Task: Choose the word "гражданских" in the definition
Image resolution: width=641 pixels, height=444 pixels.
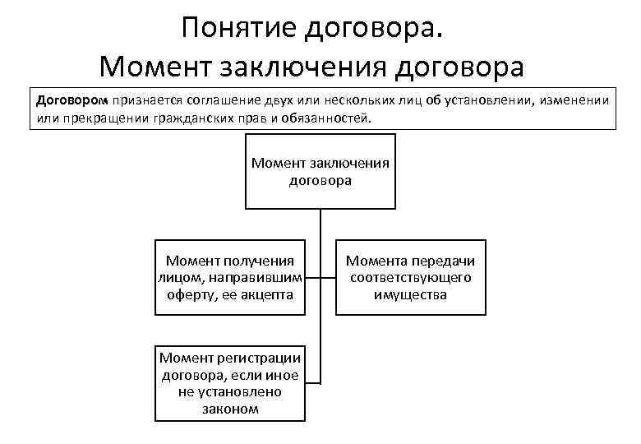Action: point(189,118)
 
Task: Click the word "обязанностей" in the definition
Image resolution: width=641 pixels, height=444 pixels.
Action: point(327,118)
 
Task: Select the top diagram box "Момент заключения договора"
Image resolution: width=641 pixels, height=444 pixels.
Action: point(320,170)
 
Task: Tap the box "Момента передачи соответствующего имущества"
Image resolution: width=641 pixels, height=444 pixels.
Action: point(410,278)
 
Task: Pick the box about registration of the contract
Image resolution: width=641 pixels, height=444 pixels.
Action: point(229,382)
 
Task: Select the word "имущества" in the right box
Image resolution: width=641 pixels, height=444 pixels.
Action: point(410,294)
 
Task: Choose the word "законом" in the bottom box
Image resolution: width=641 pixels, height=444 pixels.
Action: point(229,408)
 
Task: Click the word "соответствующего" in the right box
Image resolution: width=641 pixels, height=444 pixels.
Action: point(410,278)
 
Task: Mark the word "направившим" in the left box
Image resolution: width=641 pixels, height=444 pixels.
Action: point(261,278)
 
